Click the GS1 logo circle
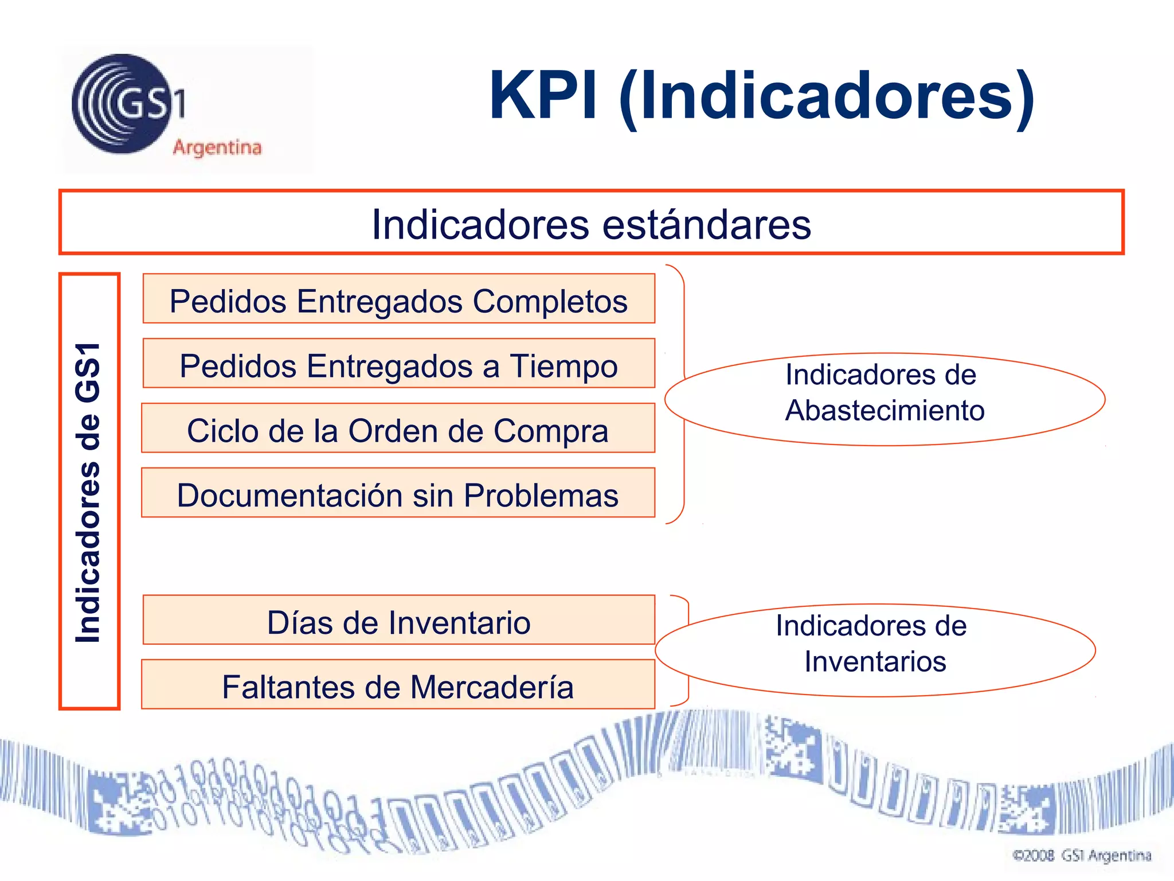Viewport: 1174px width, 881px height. [122, 104]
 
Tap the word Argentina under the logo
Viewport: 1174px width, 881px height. [217, 147]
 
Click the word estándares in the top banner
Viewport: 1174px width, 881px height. [707, 224]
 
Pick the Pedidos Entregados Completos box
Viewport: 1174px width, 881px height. [398, 299]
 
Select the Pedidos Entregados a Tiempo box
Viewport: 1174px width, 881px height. [398, 364]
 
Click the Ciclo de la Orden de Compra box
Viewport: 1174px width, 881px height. [398, 428]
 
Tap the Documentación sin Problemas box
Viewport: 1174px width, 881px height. [398, 493]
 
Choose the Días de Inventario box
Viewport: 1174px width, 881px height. [398, 621]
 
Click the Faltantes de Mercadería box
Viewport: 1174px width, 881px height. [398, 685]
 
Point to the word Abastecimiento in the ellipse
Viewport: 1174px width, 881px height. [885, 411]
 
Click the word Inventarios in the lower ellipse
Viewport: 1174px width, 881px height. [875, 661]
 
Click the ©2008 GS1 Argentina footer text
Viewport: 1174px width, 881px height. [1082, 856]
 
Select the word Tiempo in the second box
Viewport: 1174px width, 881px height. [563, 366]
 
